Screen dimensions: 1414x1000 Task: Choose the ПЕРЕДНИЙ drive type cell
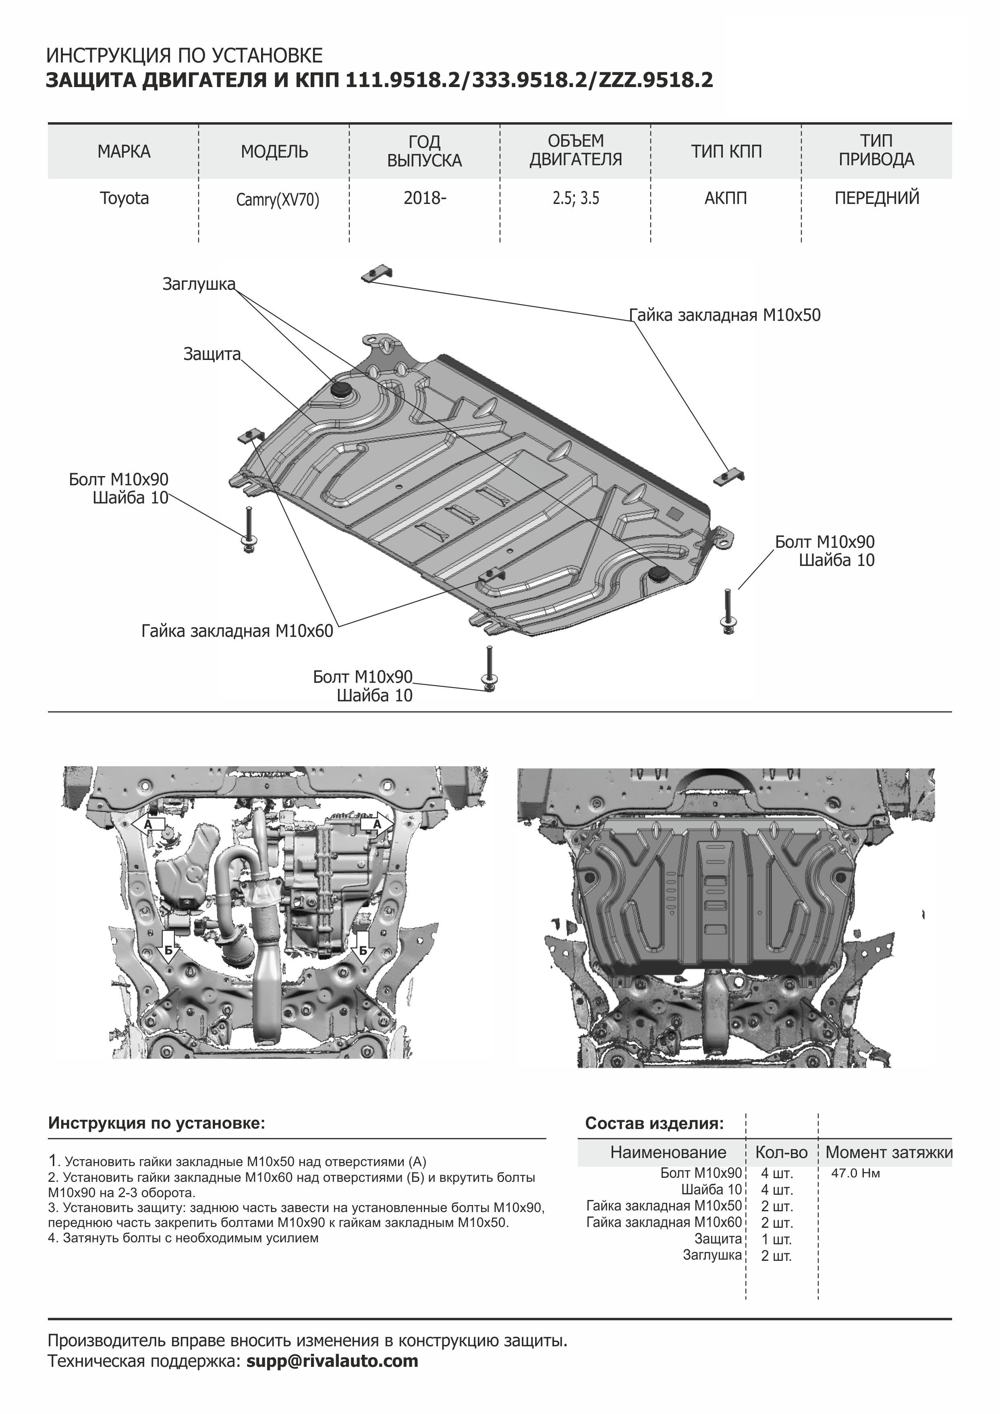877,198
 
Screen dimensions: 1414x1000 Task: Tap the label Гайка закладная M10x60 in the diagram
237,631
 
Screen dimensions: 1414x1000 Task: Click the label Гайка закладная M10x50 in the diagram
725,315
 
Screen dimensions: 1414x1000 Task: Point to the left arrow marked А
147,825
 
